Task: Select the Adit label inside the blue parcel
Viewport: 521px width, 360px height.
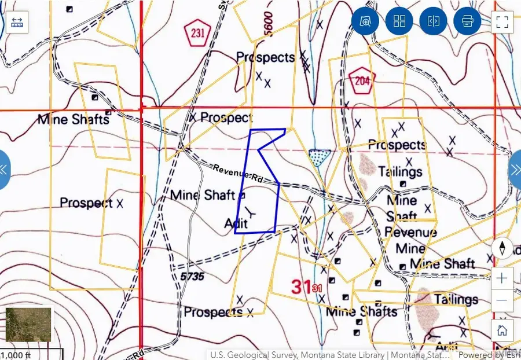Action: pos(236,223)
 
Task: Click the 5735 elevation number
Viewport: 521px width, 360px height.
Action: pos(192,277)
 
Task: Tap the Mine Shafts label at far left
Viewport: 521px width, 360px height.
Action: pos(74,120)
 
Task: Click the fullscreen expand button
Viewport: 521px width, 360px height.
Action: pos(502,22)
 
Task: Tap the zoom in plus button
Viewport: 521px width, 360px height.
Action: pos(502,278)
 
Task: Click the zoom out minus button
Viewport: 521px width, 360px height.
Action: pos(502,300)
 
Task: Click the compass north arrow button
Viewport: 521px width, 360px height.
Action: pos(502,248)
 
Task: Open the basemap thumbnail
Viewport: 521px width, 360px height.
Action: pos(28,324)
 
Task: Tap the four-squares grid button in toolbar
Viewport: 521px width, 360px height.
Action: pos(399,22)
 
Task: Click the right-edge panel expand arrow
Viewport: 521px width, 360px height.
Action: pos(515,170)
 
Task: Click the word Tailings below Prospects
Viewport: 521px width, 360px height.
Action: pos(400,172)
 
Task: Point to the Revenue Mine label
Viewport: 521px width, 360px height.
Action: pos(411,240)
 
